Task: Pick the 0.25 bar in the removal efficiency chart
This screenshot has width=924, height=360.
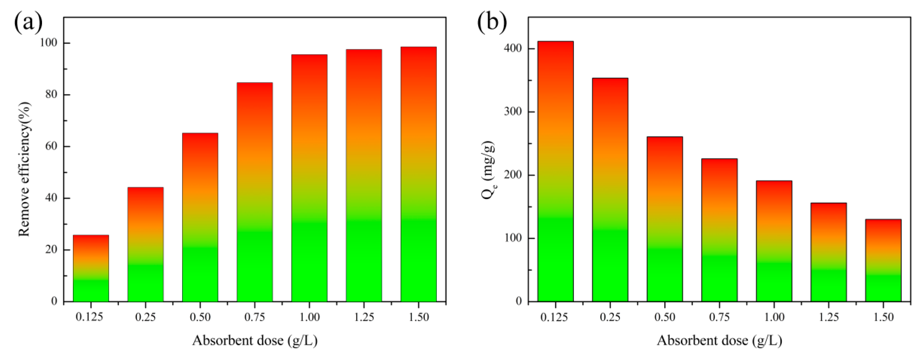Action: click(x=145, y=244)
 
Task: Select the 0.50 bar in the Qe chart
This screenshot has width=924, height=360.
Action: click(x=665, y=219)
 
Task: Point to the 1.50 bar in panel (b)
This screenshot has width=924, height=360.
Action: click(x=883, y=260)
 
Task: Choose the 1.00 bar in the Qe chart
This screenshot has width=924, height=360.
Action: click(x=774, y=241)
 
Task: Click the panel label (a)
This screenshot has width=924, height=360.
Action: click(x=28, y=22)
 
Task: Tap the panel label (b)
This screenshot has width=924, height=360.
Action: click(x=492, y=22)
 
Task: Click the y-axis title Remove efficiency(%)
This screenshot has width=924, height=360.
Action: click(x=24, y=169)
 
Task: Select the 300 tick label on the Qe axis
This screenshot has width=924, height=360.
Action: click(x=513, y=112)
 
